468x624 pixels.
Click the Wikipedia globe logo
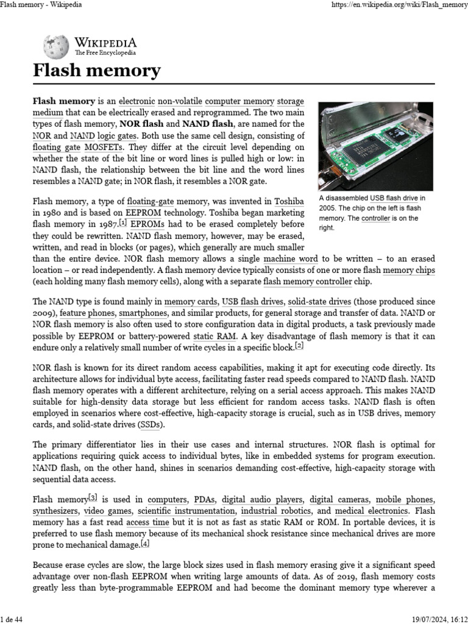(56, 47)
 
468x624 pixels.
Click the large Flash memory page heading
(96, 71)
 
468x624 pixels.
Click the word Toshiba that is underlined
(289, 200)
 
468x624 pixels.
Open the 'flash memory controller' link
(308, 282)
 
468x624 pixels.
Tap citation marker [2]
(299, 346)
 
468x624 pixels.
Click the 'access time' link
(148, 522)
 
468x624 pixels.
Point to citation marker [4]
(144, 544)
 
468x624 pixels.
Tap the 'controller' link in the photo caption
(375, 218)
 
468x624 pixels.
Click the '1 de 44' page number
(12, 620)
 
